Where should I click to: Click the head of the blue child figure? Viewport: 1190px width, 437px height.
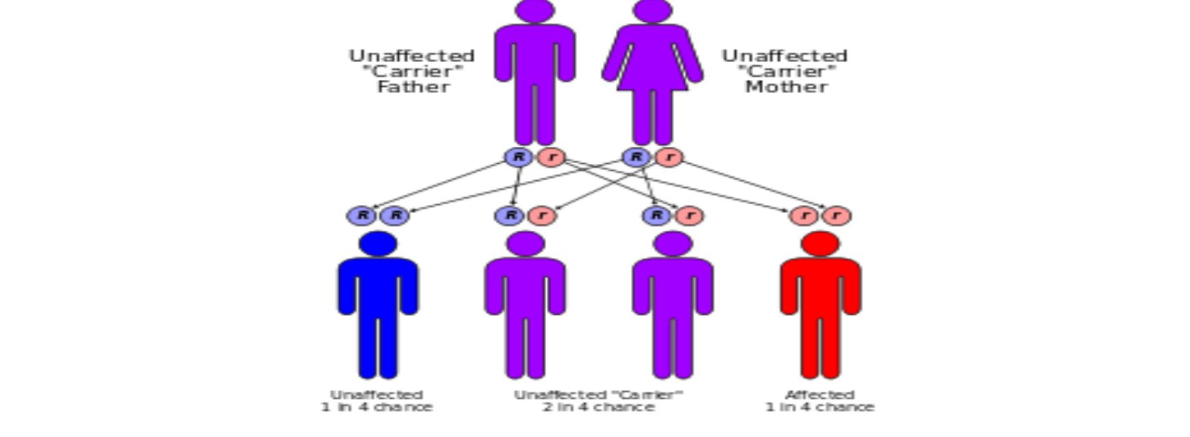(x=378, y=244)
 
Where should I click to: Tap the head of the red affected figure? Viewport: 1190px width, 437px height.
(x=820, y=244)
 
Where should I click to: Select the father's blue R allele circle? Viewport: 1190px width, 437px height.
(x=519, y=157)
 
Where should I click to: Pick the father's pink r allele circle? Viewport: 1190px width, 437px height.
(x=552, y=157)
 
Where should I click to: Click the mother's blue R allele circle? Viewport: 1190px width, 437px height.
(x=636, y=157)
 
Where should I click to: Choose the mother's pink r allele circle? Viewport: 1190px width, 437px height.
(x=669, y=157)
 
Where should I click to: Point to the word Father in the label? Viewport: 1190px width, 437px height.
(x=414, y=87)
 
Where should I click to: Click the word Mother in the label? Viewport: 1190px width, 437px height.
(x=787, y=87)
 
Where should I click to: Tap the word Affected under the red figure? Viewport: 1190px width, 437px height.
(x=820, y=395)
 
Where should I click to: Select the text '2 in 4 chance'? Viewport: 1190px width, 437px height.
(x=599, y=407)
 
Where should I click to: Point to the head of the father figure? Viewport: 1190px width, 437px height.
(x=535, y=10)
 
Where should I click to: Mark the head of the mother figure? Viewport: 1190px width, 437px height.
(x=653, y=10)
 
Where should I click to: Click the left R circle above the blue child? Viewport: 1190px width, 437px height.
(x=362, y=216)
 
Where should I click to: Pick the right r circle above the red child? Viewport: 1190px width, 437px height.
(x=836, y=216)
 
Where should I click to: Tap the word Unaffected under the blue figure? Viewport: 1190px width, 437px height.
(x=377, y=395)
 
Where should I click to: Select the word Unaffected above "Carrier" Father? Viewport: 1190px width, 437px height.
(x=412, y=55)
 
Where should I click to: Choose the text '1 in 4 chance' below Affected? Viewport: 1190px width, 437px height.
(x=819, y=407)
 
